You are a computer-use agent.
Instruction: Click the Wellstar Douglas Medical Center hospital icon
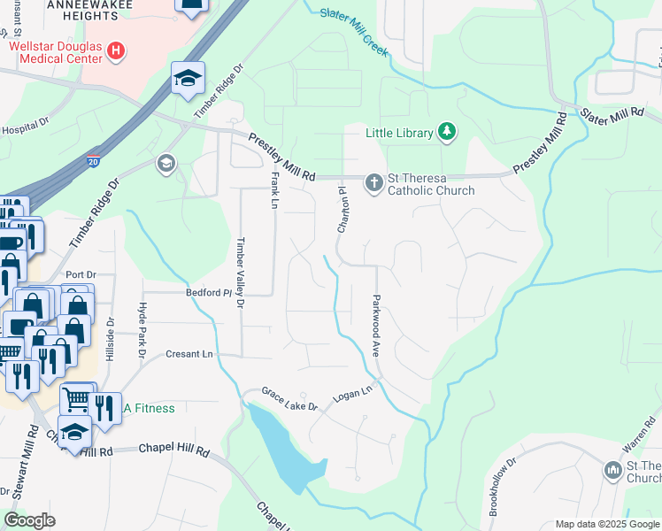point(115,51)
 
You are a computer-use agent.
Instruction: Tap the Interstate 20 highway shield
point(95,161)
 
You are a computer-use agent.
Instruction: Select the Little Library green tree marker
point(447,133)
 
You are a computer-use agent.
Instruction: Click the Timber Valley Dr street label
point(240,273)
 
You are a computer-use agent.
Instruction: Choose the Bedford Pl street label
point(207,292)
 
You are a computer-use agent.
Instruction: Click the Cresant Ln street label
point(189,354)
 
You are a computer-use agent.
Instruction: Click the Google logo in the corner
point(29,520)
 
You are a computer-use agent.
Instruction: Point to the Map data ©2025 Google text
point(606,524)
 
